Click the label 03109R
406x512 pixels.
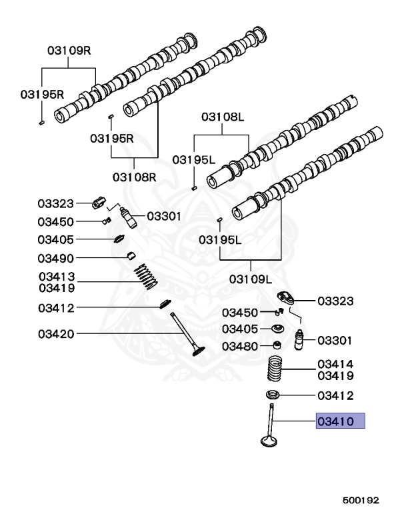[x=69, y=50]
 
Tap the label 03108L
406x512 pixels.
[x=223, y=117]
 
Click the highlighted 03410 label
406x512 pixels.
[x=339, y=421]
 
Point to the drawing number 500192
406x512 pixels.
[x=361, y=497]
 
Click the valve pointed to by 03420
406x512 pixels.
[x=187, y=337]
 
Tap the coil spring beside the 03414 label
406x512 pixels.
[x=275, y=369]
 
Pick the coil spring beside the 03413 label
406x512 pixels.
[x=145, y=275]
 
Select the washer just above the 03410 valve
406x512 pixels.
[x=273, y=393]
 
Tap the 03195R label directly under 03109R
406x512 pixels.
[x=40, y=94]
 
